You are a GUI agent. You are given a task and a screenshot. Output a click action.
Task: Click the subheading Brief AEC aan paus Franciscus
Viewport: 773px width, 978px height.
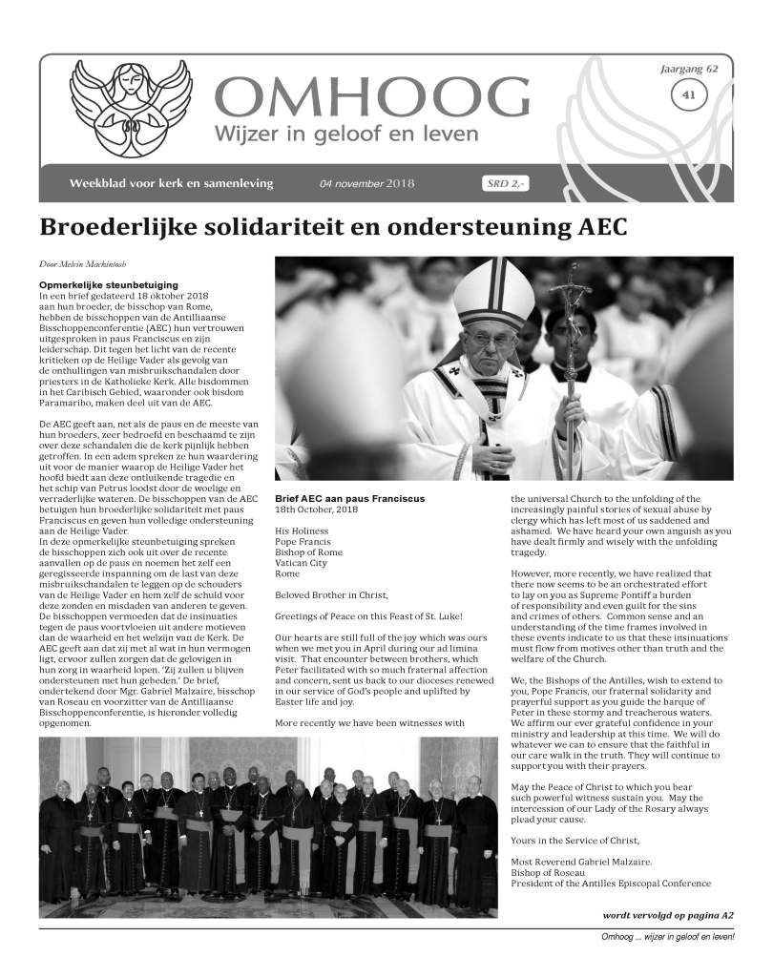tap(348, 499)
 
